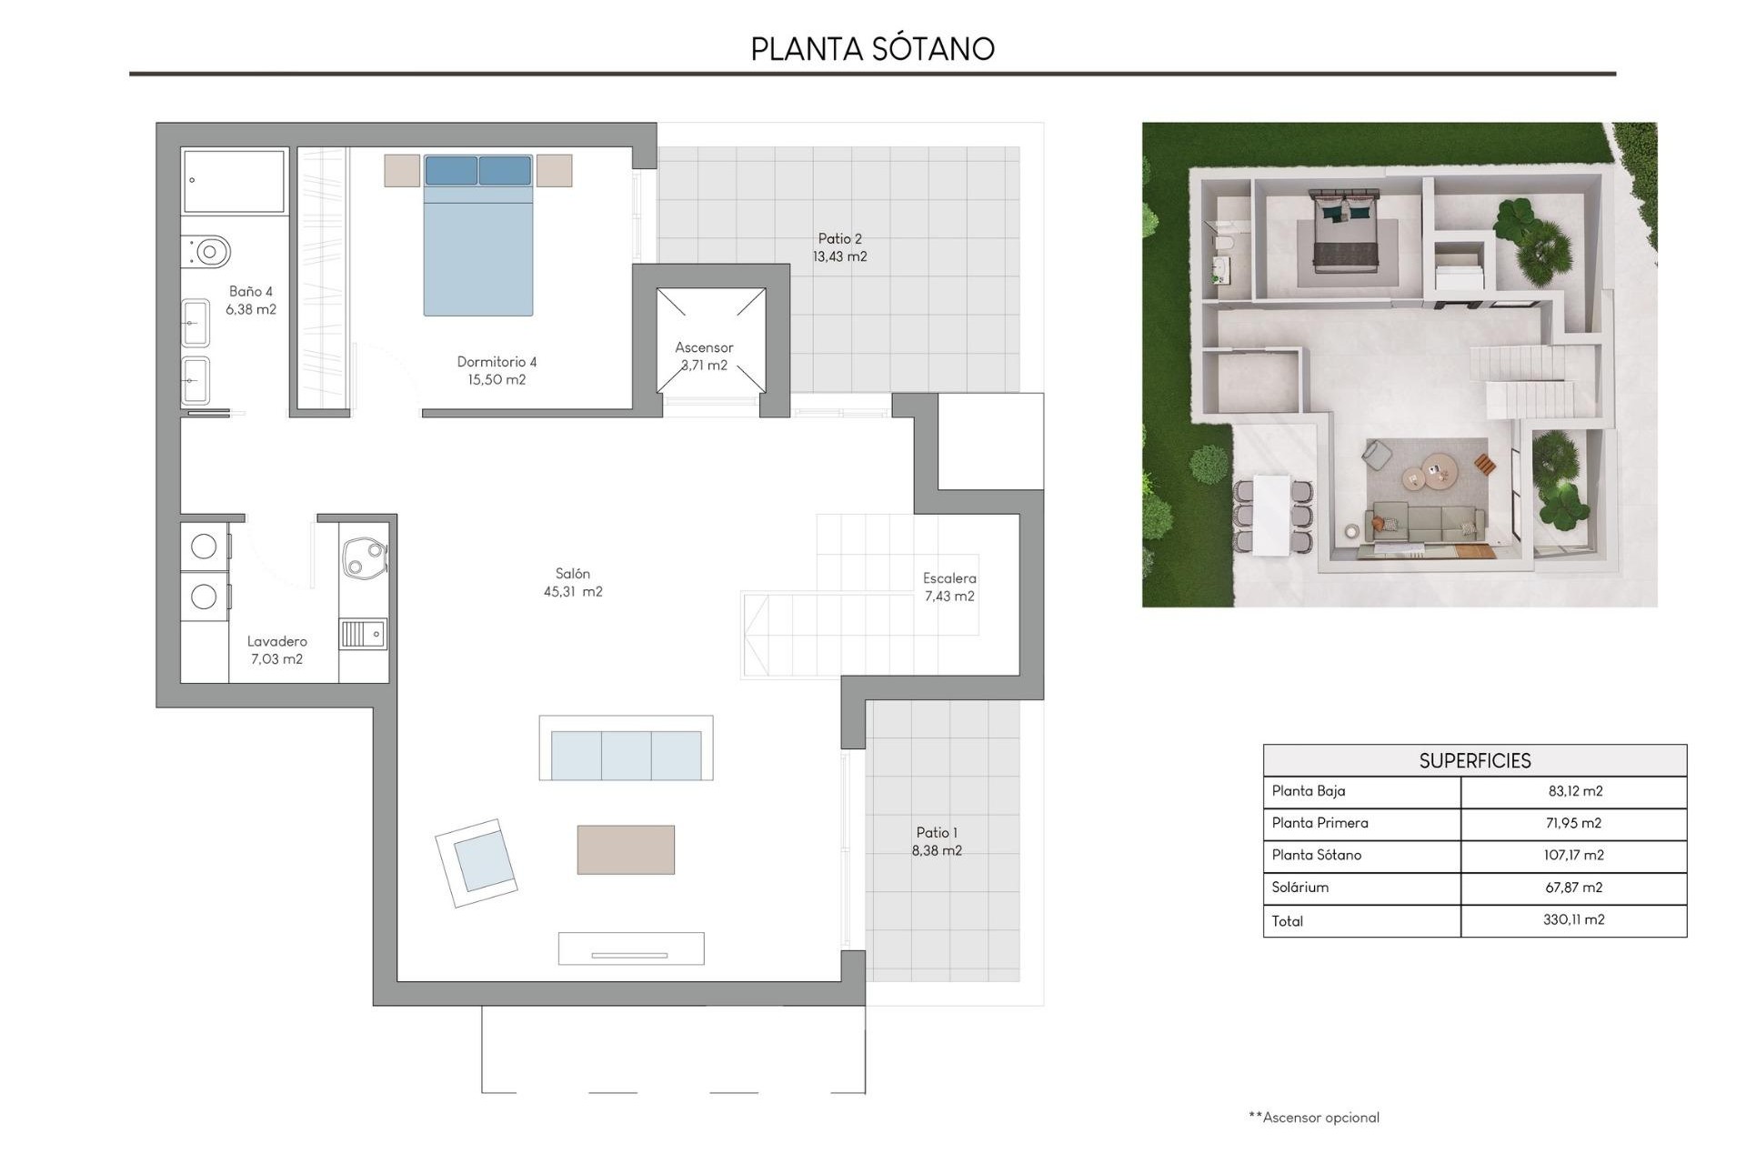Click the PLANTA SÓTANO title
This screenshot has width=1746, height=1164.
tap(872, 49)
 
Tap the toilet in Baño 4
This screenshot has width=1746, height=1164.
tap(208, 251)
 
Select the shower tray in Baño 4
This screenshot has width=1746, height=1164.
tap(234, 181)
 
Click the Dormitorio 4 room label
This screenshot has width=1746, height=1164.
tap(497, 371)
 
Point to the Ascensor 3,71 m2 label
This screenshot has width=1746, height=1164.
tap(704, 356)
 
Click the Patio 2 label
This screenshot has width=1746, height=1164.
tap(839, 247)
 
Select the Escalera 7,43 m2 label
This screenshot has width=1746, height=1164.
tap(949, 587)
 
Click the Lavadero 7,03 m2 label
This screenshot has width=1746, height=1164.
tap(276, 650)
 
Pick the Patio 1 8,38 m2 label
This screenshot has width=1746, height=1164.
tap(937, 841)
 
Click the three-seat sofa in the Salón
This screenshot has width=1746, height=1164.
tap(626, 754)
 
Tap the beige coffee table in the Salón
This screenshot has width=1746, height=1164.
tap(626, 849)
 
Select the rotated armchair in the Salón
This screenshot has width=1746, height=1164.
tap(477, 862)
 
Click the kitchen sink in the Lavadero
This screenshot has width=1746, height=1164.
tap(363, 633)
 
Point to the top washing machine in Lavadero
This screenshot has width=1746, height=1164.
tap(204, 546)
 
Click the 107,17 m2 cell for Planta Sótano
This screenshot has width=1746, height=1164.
tap(1575, 855)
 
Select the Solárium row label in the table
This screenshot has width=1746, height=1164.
tap(1299, 887)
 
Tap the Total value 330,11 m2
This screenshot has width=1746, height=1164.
tap(1573, 919)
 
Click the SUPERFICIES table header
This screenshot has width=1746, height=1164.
tap(1474, 760)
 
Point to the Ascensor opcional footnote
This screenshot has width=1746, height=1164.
tap(1314, 1118)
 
